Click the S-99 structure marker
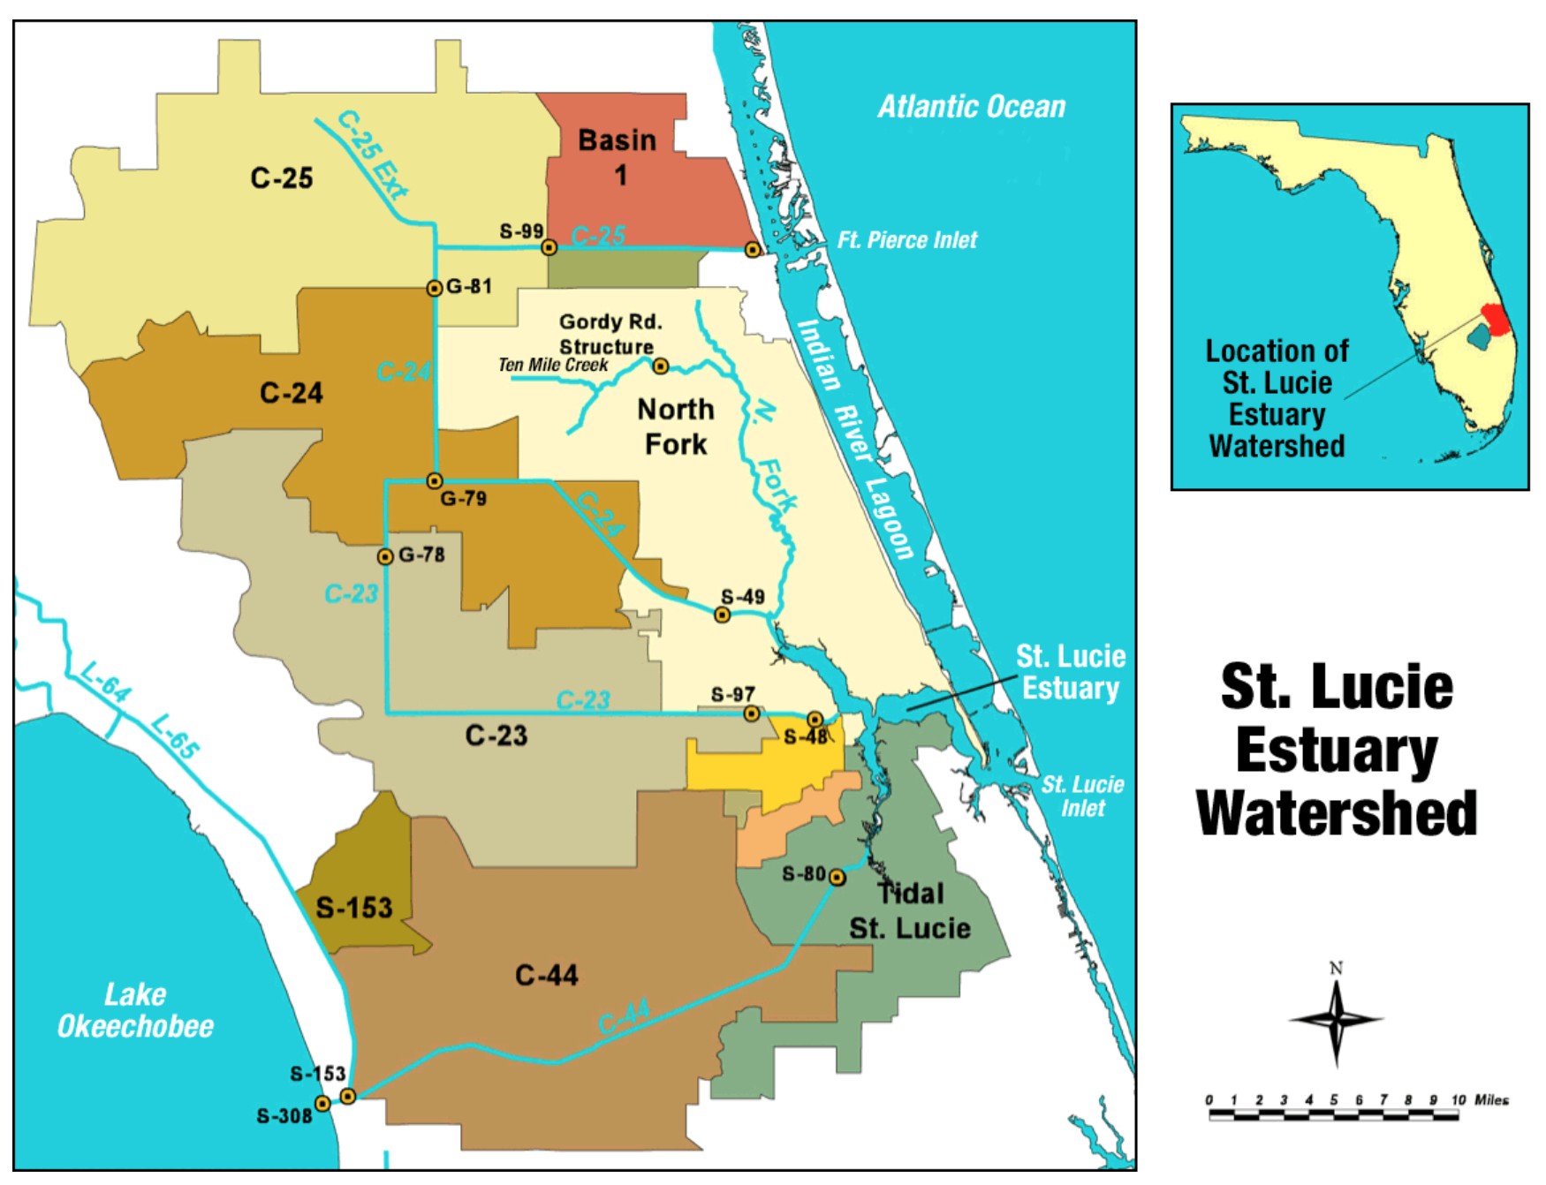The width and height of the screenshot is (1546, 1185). point(549,247)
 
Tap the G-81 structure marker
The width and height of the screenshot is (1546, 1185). point(434,288)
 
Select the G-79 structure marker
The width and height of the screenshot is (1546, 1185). point(434,481)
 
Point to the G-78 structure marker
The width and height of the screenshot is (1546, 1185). point(385,556)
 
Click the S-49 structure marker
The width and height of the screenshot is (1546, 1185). point(722,615)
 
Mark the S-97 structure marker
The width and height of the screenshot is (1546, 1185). point(751,713)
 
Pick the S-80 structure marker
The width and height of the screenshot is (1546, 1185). point(837,877)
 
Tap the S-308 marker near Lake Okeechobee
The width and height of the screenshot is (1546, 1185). point(322,1104)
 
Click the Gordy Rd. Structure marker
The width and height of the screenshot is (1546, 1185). point(660,366)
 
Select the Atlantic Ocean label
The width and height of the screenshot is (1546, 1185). point(971,107)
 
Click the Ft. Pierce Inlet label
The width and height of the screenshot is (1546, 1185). point(906,240)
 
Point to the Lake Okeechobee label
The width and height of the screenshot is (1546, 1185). point(135,1010)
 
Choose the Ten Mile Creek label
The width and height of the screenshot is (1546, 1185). point(553,365)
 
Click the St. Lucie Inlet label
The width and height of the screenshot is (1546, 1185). point(1082,796)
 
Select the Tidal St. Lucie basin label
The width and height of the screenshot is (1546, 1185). point(910,911)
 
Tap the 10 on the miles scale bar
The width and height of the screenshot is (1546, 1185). point(1458,1099)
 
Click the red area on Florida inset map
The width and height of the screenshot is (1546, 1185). point(1494,318)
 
